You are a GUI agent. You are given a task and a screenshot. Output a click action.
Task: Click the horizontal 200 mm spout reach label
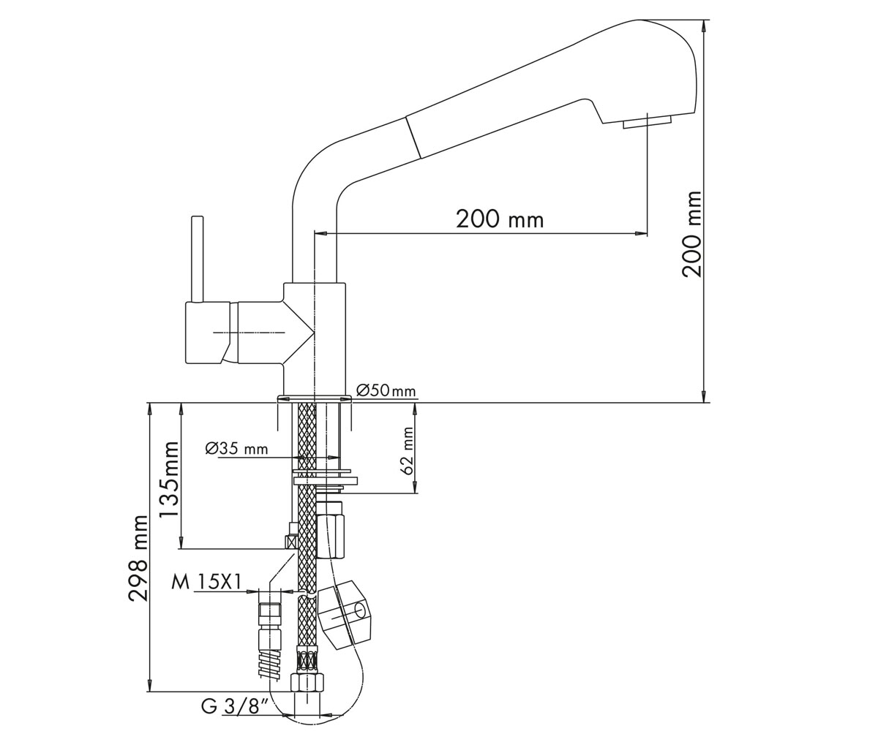500,219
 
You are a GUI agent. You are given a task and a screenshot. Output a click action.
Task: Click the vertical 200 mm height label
691,234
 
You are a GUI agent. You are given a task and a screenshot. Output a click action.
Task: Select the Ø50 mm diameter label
386,391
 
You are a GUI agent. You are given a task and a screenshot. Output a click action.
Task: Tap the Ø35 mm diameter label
236,449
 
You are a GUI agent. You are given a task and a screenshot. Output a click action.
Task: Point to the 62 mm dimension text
406,452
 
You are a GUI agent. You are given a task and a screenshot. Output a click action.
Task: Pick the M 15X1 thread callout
206,583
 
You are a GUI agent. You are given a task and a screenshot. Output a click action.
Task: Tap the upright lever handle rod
198,259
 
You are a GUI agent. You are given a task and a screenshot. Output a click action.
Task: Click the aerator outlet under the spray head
647,124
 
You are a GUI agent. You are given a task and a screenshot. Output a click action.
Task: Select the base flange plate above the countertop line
314,398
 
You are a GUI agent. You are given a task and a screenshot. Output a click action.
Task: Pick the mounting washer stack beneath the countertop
325,480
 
